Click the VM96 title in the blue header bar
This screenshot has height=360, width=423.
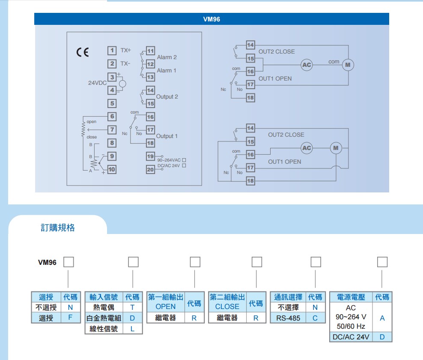(211, 19)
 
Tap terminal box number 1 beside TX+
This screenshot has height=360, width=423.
(112, 51)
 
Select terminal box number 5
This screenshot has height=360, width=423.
(112, 103)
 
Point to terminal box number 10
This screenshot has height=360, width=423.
(112, 169)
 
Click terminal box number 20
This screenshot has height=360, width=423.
(150, 169)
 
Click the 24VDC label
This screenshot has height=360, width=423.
(97, 83)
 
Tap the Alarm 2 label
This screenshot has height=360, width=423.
(167, 57)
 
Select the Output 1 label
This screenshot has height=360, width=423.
(167, 136)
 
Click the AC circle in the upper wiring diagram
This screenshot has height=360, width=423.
(307, 65)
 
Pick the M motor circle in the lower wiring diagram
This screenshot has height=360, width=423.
(336, 148)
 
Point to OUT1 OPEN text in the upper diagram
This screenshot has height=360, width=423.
(275, 79)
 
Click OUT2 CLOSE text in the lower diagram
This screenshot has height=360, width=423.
(286, 135)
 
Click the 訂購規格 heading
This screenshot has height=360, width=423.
(57, 228)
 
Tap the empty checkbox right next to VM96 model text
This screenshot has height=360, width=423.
(69, 261)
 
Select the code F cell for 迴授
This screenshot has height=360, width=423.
(71, 318)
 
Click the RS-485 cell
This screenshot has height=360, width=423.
(288, 318)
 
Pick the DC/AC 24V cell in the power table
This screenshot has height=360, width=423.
(351, 337)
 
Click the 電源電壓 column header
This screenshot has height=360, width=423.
(351, 297)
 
